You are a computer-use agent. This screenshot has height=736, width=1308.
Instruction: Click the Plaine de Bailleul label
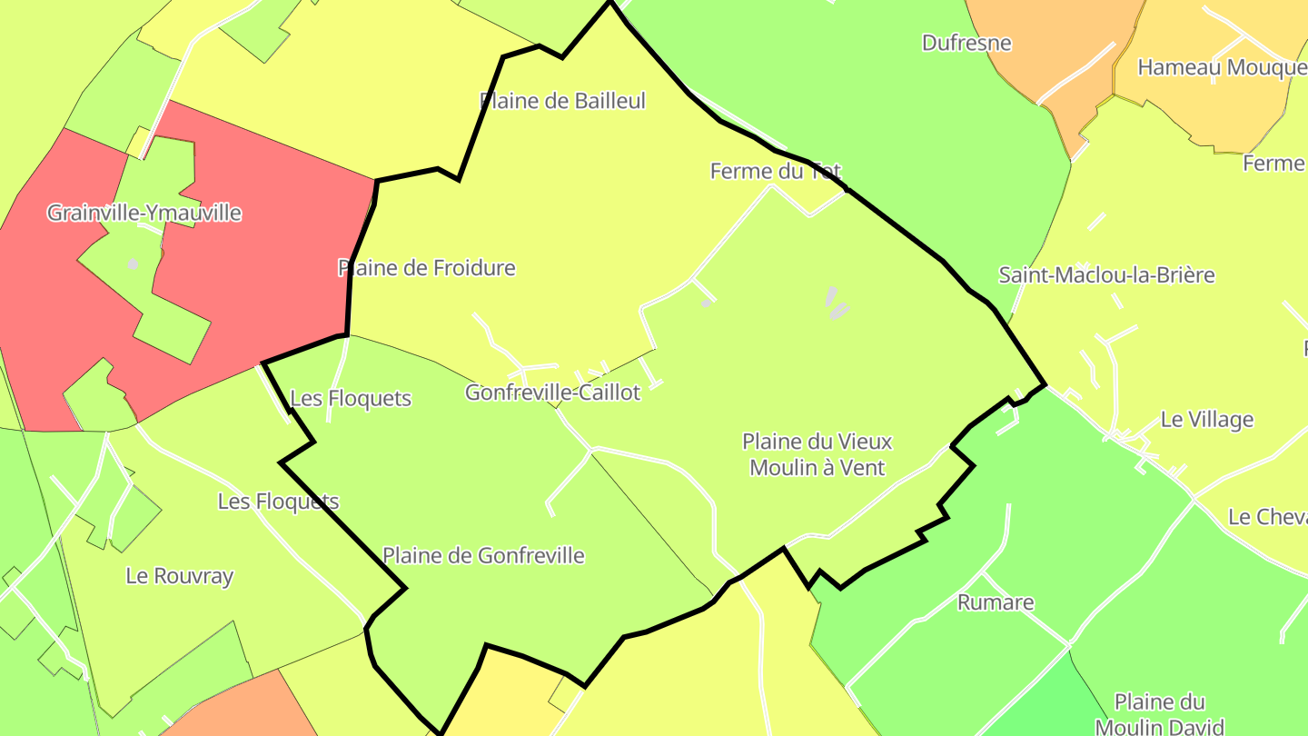click(562, 101)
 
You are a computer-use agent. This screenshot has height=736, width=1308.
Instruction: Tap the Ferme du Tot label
click(775, 171)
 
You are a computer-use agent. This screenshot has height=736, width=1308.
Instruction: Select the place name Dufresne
click(966, 43)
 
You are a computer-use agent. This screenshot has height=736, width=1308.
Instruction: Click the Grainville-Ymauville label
click(144, 213)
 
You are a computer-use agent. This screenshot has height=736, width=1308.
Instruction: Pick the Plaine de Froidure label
click(427, 268)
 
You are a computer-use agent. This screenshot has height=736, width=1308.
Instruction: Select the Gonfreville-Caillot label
click(552, 393)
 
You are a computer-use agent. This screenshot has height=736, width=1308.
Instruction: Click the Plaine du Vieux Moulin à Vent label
click(817, 454)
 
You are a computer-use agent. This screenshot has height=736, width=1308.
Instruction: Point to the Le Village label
click(1207, 420)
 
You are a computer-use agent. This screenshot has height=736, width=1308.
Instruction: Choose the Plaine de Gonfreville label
click(483, 555)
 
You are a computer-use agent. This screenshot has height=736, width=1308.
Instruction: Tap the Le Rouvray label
click(180, 576)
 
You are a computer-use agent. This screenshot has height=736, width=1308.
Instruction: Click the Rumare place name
click(996, 602)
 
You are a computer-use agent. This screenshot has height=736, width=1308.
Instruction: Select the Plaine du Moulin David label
click(1160, 714)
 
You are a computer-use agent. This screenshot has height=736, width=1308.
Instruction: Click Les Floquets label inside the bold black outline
click(351, 399)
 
